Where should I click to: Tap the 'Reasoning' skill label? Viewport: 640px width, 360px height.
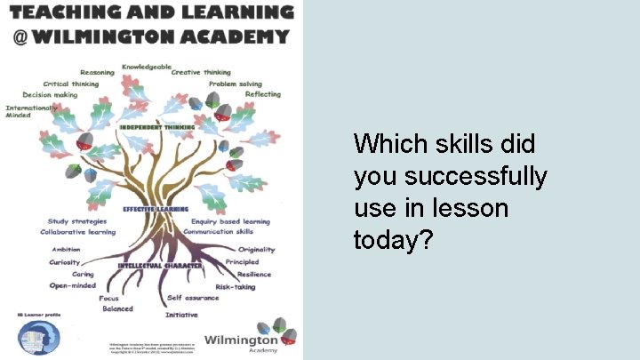97,72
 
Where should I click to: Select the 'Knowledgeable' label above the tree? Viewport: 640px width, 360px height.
147,67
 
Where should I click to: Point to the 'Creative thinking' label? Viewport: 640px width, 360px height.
201,72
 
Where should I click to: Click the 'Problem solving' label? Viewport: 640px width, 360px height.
236,84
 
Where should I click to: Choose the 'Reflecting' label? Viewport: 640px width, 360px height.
263,94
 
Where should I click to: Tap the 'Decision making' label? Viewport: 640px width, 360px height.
50,94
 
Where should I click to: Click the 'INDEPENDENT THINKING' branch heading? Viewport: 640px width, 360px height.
156,127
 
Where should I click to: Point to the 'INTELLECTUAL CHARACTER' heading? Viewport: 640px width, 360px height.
154,266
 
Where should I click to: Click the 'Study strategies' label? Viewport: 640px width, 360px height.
77,221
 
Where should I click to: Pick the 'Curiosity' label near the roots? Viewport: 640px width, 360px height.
64,262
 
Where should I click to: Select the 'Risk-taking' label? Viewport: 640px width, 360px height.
236,286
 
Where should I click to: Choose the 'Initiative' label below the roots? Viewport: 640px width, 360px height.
181,315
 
